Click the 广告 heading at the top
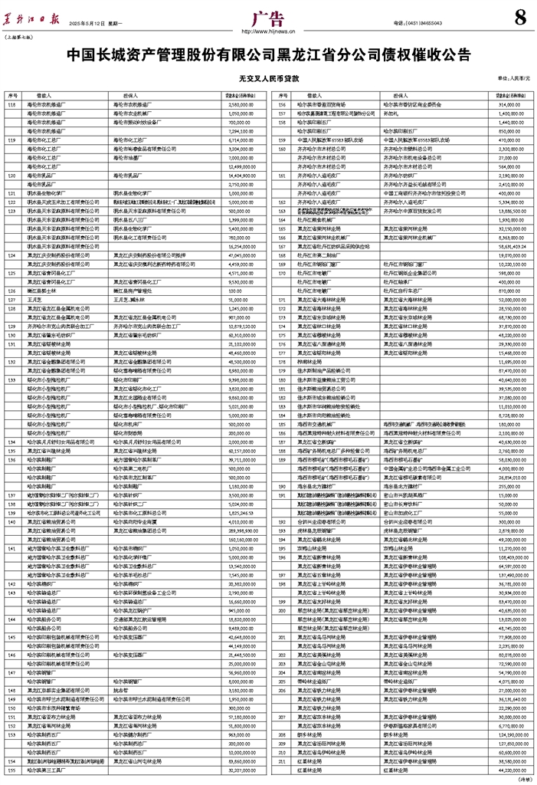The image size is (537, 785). click(x=269, y=18)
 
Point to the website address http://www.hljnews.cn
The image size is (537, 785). click(x=268, y=32)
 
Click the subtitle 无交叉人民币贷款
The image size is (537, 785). click(x=268, y=78)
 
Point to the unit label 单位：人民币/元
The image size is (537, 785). click(x=513, y=78)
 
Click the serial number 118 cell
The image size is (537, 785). click(x=11, y=103)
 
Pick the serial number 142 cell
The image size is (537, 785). click(x=11, y=583)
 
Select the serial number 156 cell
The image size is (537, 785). click(x=282, y=103)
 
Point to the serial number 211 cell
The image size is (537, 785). click(x=282, y=761)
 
